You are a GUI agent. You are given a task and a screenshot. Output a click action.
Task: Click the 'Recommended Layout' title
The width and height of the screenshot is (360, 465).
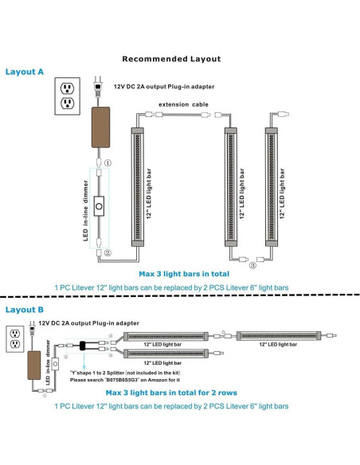171,59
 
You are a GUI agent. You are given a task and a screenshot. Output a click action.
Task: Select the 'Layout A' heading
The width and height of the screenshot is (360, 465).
25,72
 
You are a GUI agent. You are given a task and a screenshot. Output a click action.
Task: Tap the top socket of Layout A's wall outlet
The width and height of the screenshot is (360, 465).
68,88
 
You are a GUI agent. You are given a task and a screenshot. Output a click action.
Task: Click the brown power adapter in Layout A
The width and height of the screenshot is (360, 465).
100,127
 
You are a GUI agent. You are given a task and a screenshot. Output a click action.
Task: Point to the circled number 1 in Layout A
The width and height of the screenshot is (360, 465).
108,162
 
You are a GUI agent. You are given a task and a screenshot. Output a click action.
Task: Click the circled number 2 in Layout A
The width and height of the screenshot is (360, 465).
108,253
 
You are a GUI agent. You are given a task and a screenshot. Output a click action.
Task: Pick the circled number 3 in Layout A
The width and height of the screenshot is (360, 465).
252,265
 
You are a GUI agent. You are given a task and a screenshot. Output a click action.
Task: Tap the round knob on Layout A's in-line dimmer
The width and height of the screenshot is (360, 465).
99,206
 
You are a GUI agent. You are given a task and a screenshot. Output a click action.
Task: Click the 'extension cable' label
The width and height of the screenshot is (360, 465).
183,104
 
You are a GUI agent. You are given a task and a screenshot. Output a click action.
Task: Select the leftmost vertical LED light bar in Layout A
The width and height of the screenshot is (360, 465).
138,187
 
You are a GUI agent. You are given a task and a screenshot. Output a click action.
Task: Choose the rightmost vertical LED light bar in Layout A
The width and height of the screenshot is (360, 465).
272,187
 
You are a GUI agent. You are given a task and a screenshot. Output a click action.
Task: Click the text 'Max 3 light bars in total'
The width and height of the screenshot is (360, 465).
184,274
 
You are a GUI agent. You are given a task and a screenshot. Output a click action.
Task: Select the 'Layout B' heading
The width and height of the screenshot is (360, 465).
25,310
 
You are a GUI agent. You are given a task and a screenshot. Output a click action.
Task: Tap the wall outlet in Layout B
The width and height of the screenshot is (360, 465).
15,339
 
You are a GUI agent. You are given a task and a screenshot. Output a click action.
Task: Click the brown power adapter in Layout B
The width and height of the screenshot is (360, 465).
34,365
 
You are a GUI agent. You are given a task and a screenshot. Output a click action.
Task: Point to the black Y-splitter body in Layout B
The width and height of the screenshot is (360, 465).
83,346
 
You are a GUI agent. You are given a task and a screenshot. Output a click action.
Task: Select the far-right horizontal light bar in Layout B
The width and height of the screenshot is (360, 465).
279,336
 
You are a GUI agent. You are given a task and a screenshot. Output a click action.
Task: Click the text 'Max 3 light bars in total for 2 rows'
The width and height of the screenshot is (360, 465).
171,393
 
